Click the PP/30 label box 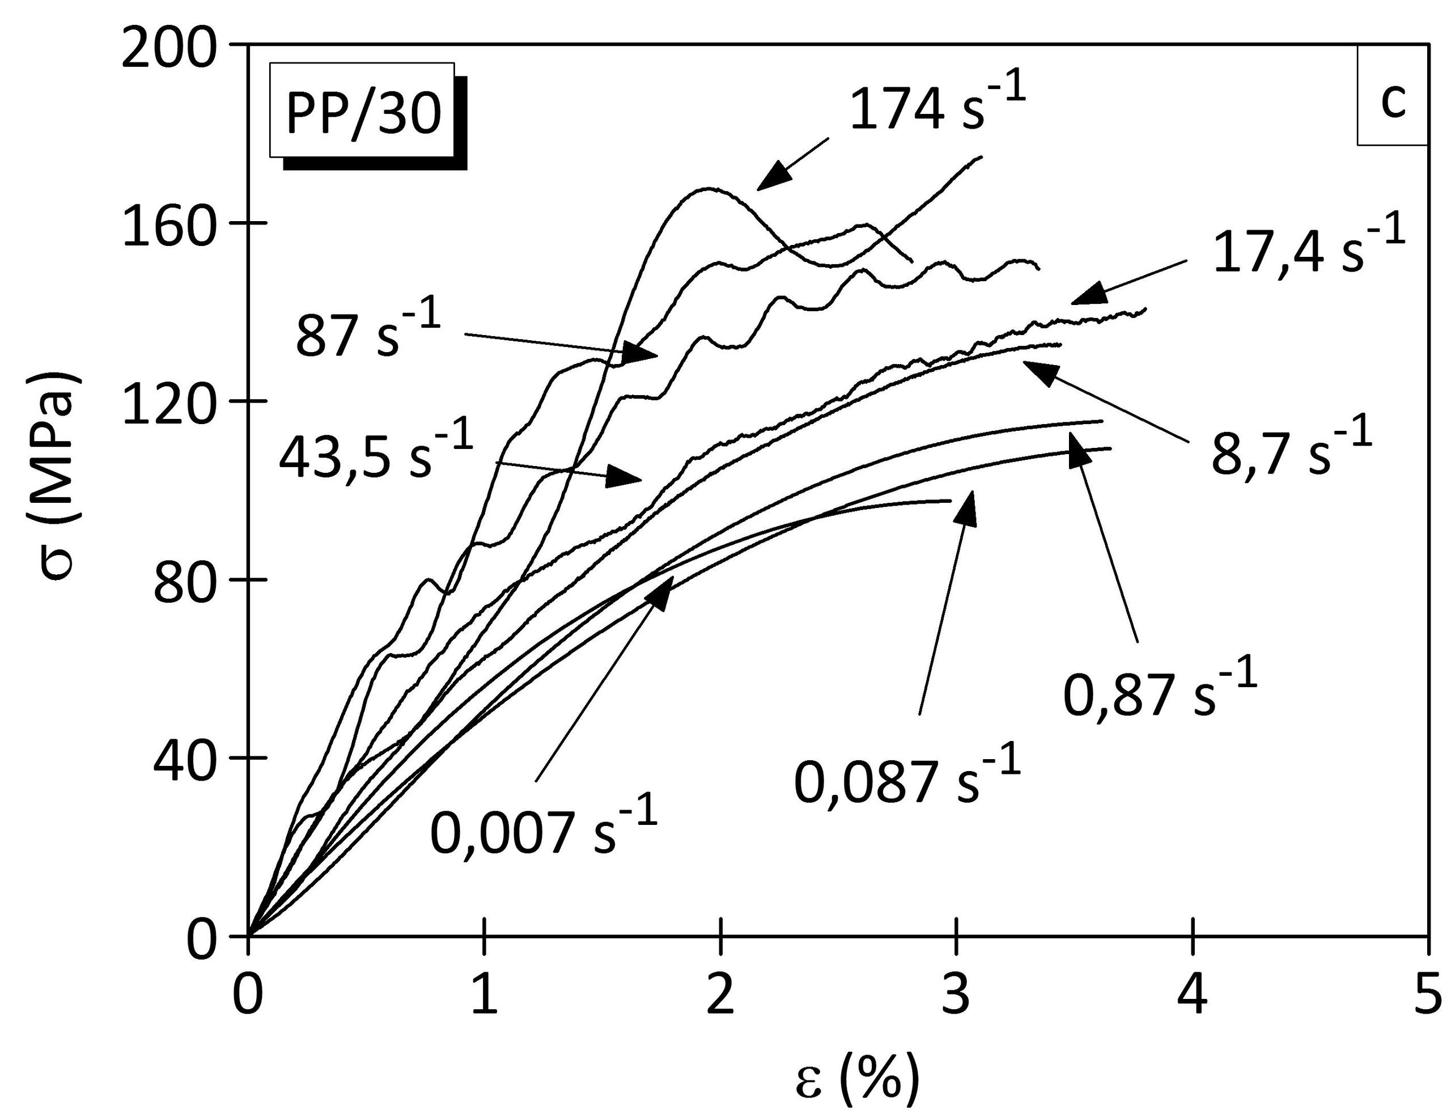[x=363, y=111]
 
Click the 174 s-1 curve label [x=937, y=104]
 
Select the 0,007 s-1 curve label [x=544, y=826]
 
